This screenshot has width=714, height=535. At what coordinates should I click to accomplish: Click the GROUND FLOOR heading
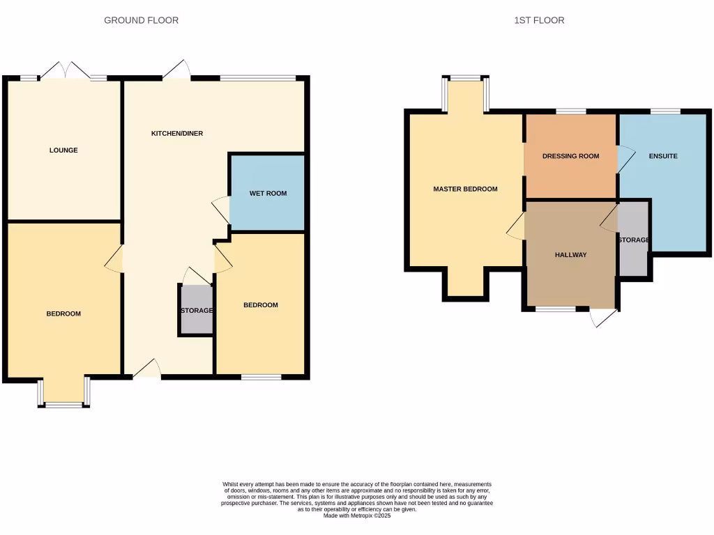[x=141, y=20]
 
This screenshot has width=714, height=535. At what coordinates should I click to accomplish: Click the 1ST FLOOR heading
[x=539, y=20]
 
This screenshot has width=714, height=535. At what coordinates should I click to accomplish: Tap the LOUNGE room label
[x=63, y=150]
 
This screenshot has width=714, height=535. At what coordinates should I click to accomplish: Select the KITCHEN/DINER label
[x=177, y=133]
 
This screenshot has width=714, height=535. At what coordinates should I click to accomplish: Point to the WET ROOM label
[x=268, y=194]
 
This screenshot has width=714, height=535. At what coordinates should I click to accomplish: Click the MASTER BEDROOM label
[x=465, y=189]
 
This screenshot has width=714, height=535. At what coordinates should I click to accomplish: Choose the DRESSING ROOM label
[x=570, y=156]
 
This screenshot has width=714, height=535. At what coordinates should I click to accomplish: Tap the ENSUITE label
[x=662, y=156]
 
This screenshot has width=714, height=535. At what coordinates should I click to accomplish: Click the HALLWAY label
[x=570, y=255]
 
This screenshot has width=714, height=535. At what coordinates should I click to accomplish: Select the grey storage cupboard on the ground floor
[x=196, y=311]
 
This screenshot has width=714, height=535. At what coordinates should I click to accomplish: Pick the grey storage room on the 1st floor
[x=633, y=240]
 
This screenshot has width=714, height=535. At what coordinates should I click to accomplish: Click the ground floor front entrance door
[x=146, y=370]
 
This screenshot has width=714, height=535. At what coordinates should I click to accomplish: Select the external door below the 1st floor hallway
[x=602, y=316]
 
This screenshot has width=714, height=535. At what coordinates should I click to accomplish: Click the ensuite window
[x=665, y=111]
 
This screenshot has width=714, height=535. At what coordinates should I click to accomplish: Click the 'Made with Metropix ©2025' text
[x=357, y=515]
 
